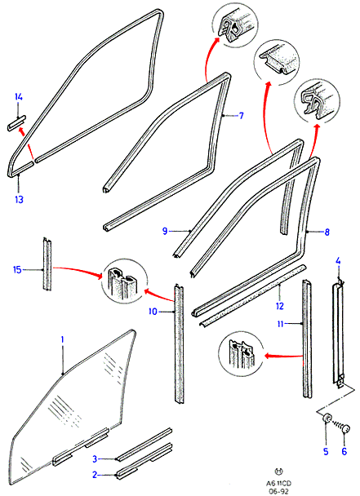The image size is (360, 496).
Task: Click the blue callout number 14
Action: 19,97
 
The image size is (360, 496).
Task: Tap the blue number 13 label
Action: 19,200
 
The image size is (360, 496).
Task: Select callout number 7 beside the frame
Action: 242,116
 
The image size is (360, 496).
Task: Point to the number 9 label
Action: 165,231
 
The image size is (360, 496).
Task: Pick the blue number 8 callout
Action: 327,232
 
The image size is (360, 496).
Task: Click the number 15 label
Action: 17,270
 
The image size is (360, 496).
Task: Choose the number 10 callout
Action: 153,312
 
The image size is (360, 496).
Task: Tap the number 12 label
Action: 279,306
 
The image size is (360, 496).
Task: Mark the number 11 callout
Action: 280,324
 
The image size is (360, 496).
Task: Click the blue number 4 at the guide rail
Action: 338,261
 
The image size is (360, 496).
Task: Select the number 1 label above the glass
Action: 62,339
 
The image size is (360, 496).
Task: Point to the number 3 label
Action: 95,458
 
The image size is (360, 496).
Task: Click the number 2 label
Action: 95,475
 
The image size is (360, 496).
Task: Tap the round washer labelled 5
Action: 327,419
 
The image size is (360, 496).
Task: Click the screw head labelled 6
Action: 345,429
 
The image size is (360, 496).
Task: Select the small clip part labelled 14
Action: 17,123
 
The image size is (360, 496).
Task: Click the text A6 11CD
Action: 278,483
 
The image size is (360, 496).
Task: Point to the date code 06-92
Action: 278,490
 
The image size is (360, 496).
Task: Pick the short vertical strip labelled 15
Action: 47,264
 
